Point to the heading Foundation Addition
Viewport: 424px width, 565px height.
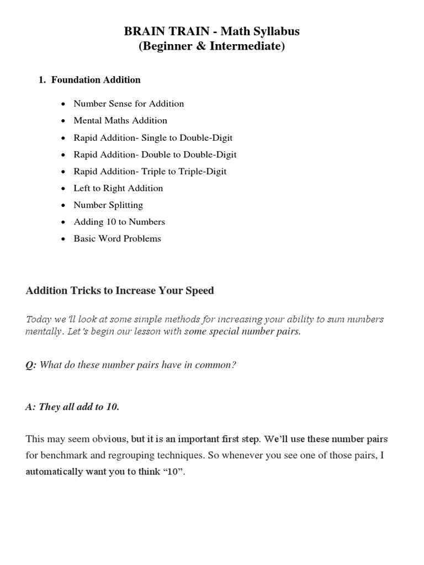click(x=96, y=80)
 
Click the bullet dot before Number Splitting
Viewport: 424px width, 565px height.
click(x=64, y=205)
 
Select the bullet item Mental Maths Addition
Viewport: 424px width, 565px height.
click(x=120, y=120)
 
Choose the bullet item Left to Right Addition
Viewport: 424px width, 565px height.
click(x=118, y=188)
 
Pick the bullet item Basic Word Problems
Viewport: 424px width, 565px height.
click(x=117, y=239)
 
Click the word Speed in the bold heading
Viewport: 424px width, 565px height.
click(x=201, y=291)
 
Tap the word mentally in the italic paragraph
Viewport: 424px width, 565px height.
click(x=43, y=332)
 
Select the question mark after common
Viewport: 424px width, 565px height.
click(x=234, y=365)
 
